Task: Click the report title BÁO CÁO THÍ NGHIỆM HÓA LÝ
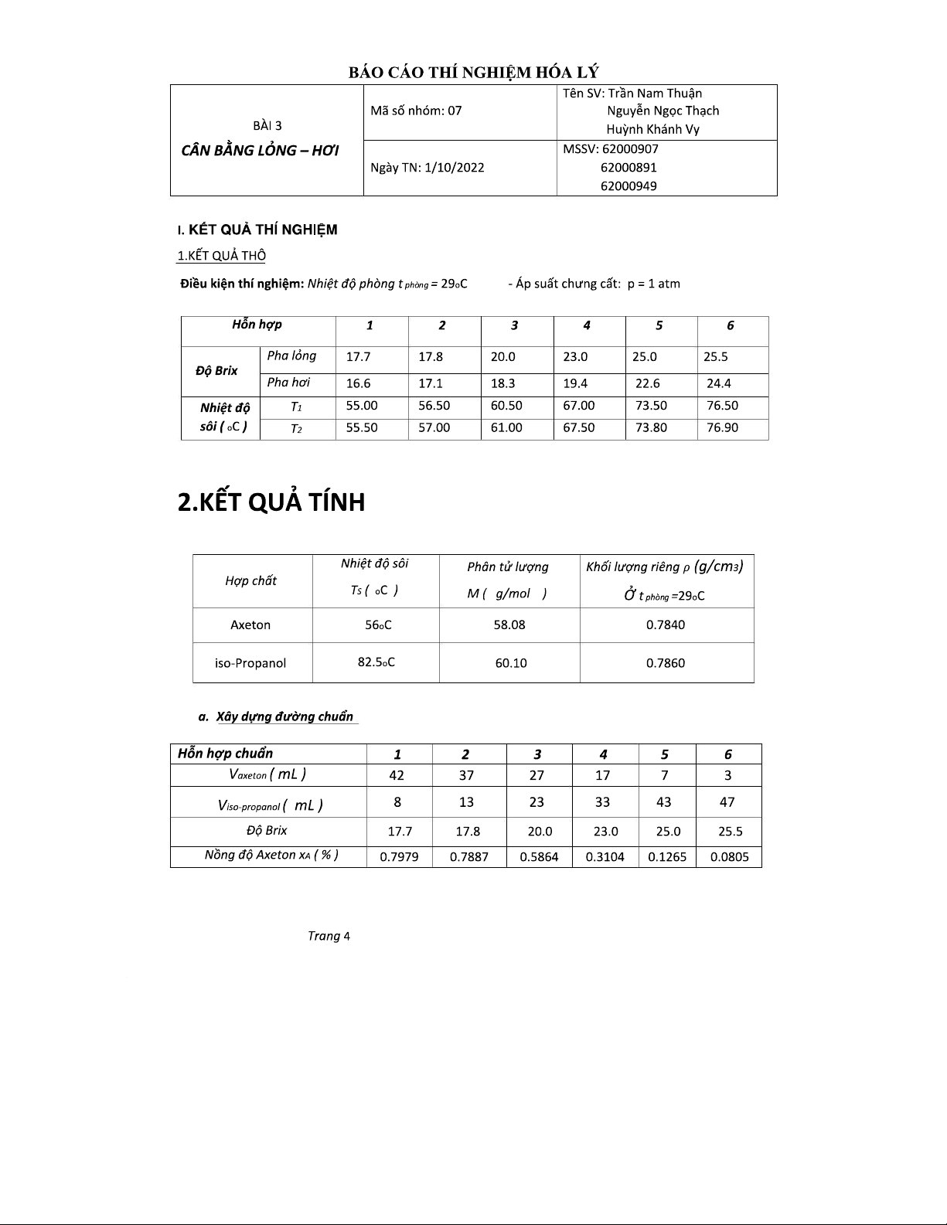pos(473,73)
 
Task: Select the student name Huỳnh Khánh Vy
pos(652,129)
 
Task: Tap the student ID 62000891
pos(628,167)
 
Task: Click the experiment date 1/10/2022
pos(454,168)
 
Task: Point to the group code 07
pos(455,111)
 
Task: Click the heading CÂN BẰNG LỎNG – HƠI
pos(260,150)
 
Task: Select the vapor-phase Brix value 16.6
pos(358,383)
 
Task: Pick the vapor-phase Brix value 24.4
pos(718,383)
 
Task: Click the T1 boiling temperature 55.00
pos(361,406)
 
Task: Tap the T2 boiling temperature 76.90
pos(721,428)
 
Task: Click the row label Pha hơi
pos(288,383)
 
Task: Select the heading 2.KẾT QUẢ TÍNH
pos(271,502)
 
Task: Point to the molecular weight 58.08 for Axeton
pos(509,624)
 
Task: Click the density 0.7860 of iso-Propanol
pos(666,663)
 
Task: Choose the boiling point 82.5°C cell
pos(376,662)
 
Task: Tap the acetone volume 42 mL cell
pos(397,775)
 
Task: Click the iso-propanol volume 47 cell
pos(727,802)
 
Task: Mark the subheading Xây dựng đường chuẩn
pos(284,716)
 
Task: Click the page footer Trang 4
pos(329,936)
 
